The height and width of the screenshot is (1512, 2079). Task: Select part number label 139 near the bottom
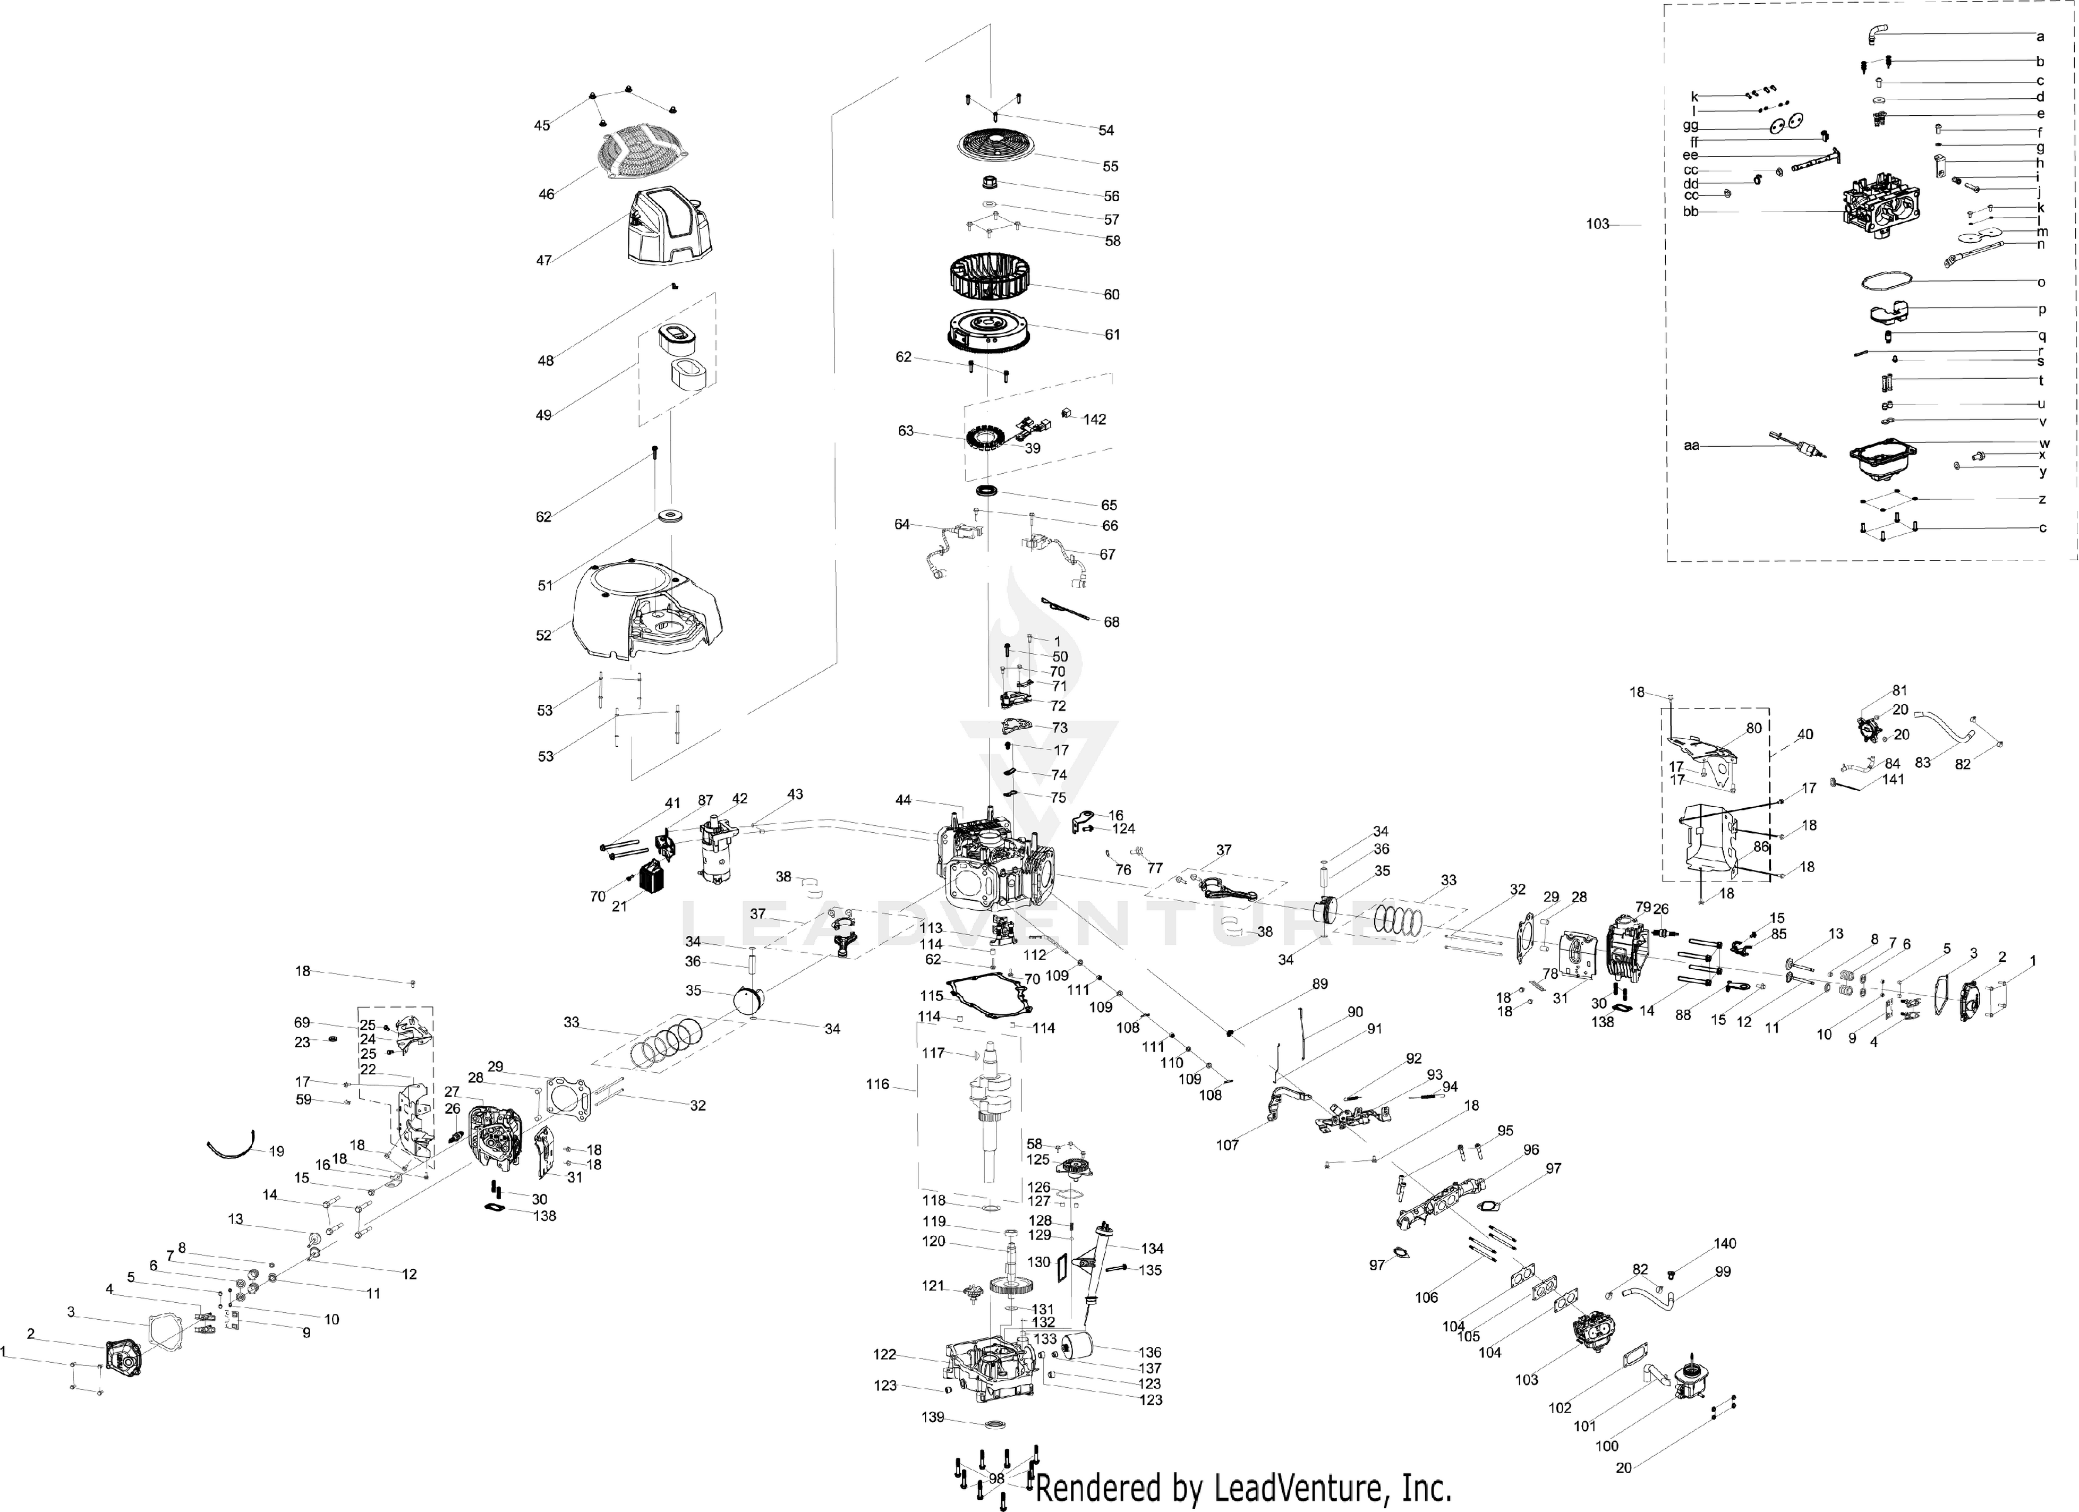click(x=932, y=1417)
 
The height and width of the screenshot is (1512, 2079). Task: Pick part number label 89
click(x=1320, y=984)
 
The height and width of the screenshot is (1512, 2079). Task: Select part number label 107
click(x=1228, y=1144)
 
